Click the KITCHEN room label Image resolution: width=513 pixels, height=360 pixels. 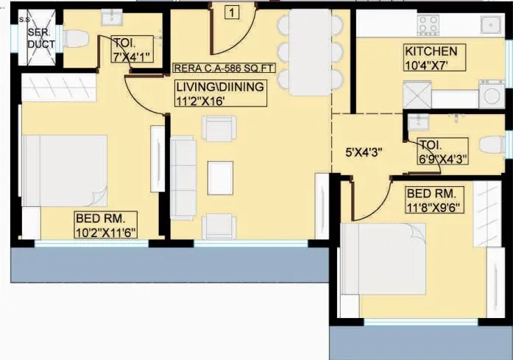pos(431,52)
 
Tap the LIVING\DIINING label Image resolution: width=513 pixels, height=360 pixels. pos(219,87)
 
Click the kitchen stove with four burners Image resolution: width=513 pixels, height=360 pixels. pos(428,24)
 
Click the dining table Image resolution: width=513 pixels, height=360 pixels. pos(310,52)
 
